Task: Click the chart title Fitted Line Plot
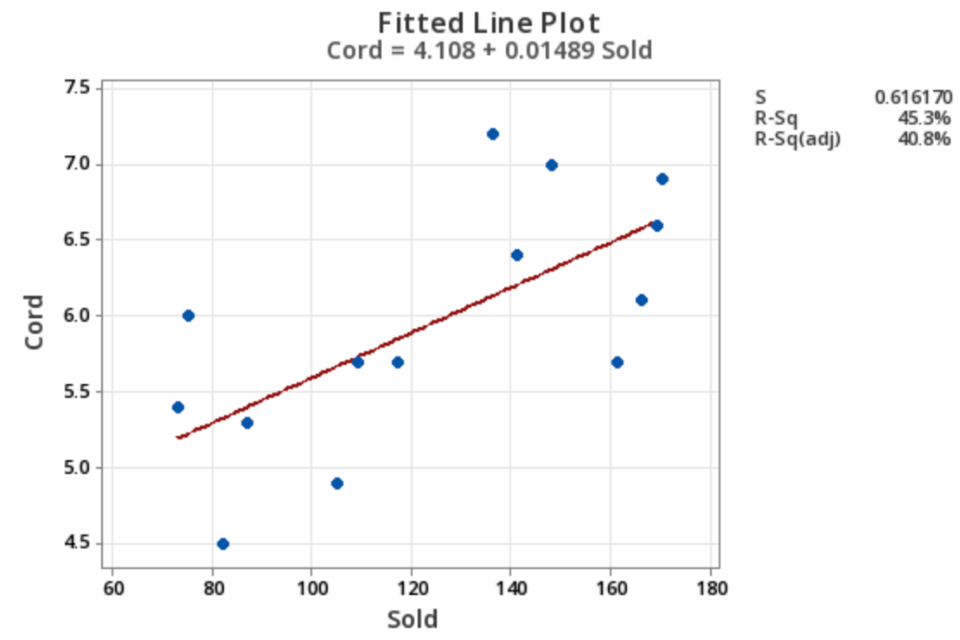tap(489, 22)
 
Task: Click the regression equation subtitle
tap(489, 50)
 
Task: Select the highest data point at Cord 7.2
tap(493, 134)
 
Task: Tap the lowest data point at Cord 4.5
tap(223, 544)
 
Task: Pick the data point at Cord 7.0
tap(552, 165)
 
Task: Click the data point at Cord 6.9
tap(662, 179)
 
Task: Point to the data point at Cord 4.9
tap(337, 483)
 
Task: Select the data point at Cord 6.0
tap(189, 316)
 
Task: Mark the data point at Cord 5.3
tap(247, 423)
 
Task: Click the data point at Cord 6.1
tap(642, 300)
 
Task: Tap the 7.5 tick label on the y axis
tap(77, 88)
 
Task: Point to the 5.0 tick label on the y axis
tap(77, 468)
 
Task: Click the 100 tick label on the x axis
tap(311, 589)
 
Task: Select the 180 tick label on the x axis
tap(711, 589)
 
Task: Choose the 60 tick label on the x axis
tap(112, 589)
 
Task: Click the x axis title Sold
tap(412, 619)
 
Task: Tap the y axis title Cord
tap(35, 322)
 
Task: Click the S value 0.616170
tap(912, 97)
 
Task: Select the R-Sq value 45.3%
tap(927, 118)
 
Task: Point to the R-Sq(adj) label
tap(797, 138)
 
